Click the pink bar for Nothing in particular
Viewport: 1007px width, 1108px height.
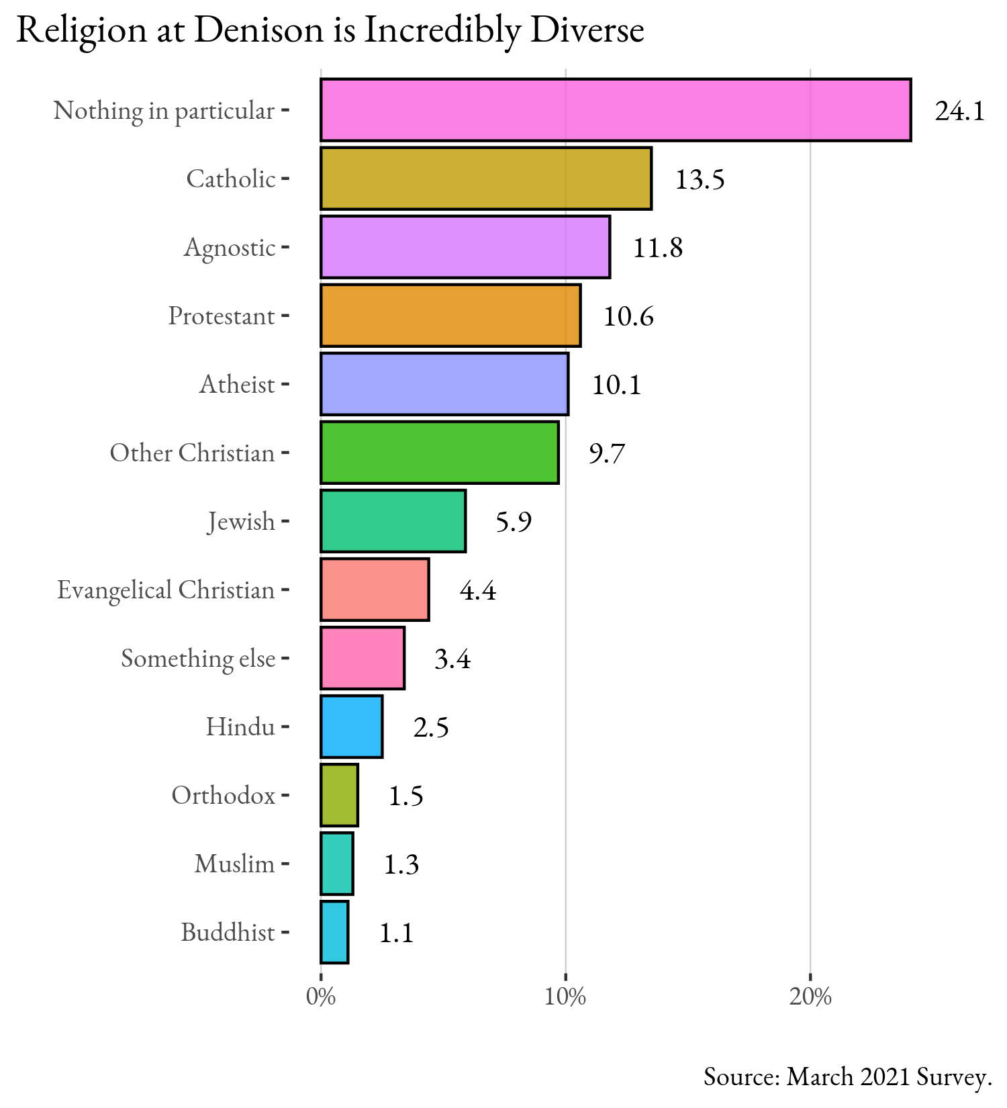(616, 110)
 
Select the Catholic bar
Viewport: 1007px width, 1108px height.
(486, 179)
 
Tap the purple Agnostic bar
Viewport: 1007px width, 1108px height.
(465, 247)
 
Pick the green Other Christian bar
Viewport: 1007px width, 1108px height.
(440, 453)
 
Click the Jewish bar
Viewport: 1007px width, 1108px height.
(393, 521)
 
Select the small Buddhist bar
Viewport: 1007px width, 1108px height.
(334, 932)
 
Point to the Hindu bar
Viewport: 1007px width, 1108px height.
(352, 727)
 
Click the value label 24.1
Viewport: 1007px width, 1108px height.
(960, 111)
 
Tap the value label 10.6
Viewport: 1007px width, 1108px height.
(628, 317)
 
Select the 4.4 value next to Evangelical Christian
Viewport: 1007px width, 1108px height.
(478, 591)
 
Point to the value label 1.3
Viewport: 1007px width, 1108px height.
(401, 865)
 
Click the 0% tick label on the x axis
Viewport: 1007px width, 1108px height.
(320, 998)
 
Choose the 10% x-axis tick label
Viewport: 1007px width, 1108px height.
(565, 998)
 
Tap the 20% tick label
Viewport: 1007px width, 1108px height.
(810, 998)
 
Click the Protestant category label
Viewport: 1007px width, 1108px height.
(222, 316)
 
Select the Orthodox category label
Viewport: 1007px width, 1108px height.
(224, 796)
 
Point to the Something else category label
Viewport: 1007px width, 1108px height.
(198, 659)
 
